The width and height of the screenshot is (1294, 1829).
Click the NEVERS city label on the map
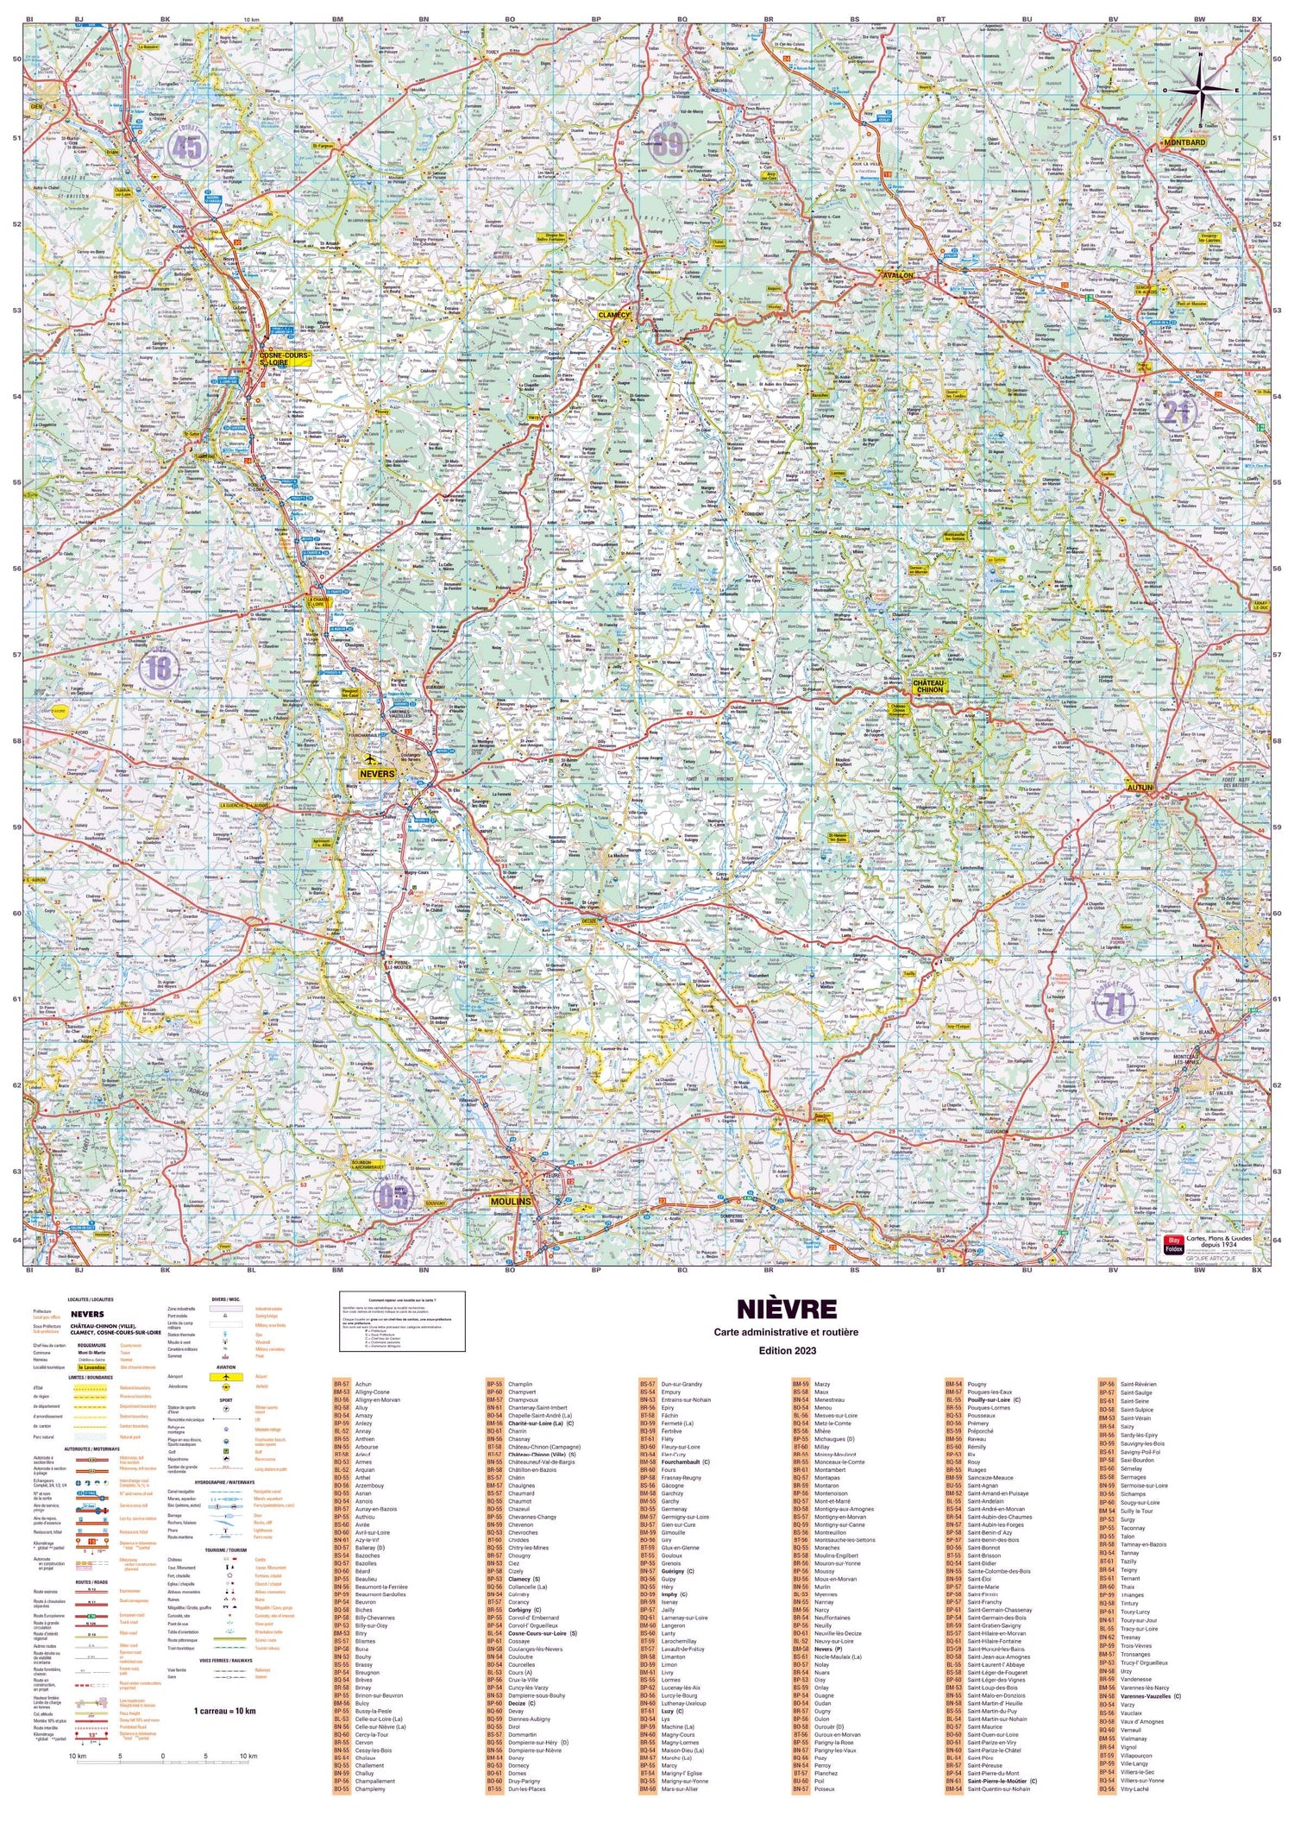tap(377, 773)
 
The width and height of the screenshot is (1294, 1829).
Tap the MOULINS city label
tap(510, 1201)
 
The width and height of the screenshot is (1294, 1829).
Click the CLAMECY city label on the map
tap(614, 316)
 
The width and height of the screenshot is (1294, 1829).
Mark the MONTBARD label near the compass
tap(1183, 141)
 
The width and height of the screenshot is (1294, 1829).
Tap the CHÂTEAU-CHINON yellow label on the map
tap(929, 686)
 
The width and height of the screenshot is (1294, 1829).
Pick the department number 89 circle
tap(668, 145)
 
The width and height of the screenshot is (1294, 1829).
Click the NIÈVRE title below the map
tap(786, 1310)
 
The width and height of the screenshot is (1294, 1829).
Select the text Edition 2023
tap(786, 1351)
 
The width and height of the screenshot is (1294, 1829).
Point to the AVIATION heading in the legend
tap(224, 1367)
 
